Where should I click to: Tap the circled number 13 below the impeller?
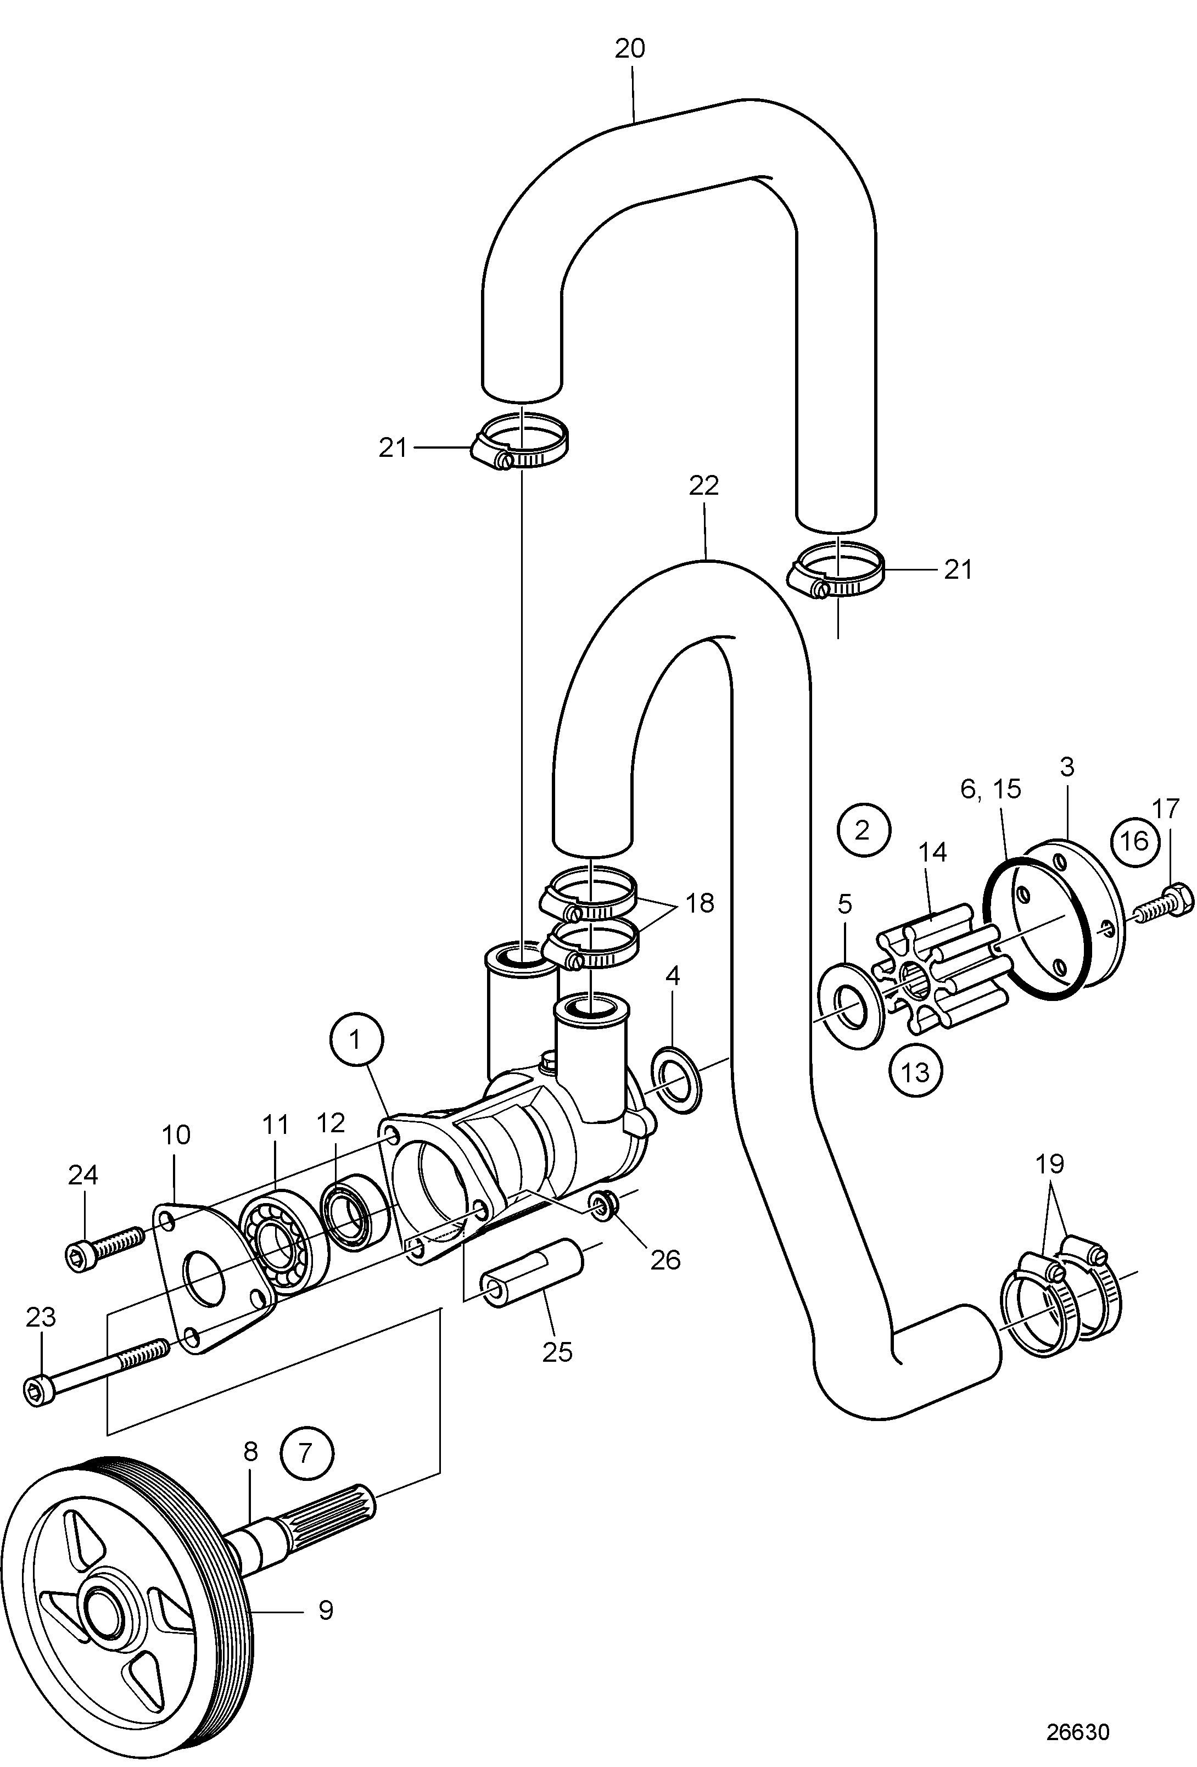click(x=916, y=1072)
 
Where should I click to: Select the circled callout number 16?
click(x=1134, y=842)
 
